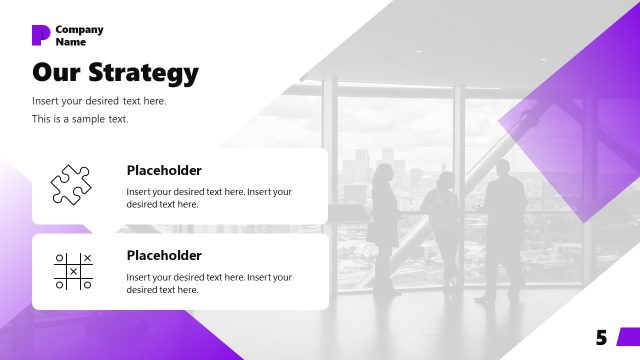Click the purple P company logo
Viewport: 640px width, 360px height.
point(41,35)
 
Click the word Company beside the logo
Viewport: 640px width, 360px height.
point(79,30)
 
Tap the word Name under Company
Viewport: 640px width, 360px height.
point(71,42)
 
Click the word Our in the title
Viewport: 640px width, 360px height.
point(56,73)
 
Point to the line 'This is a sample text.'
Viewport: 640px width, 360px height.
point(80,119)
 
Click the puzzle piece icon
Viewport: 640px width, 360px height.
point(72,184)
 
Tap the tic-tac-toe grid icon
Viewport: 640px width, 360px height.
point(73,271)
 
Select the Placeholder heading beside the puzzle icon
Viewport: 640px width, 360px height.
point(164,170)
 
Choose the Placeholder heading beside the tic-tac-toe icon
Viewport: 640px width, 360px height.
point(164,255)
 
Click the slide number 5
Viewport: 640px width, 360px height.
point(601,338)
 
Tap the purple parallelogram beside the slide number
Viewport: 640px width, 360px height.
point(627,337)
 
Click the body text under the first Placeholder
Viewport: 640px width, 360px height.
point(209,197)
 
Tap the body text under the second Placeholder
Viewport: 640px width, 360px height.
point(209,283)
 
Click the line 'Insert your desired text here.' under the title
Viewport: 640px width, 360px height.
point(99,101)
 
